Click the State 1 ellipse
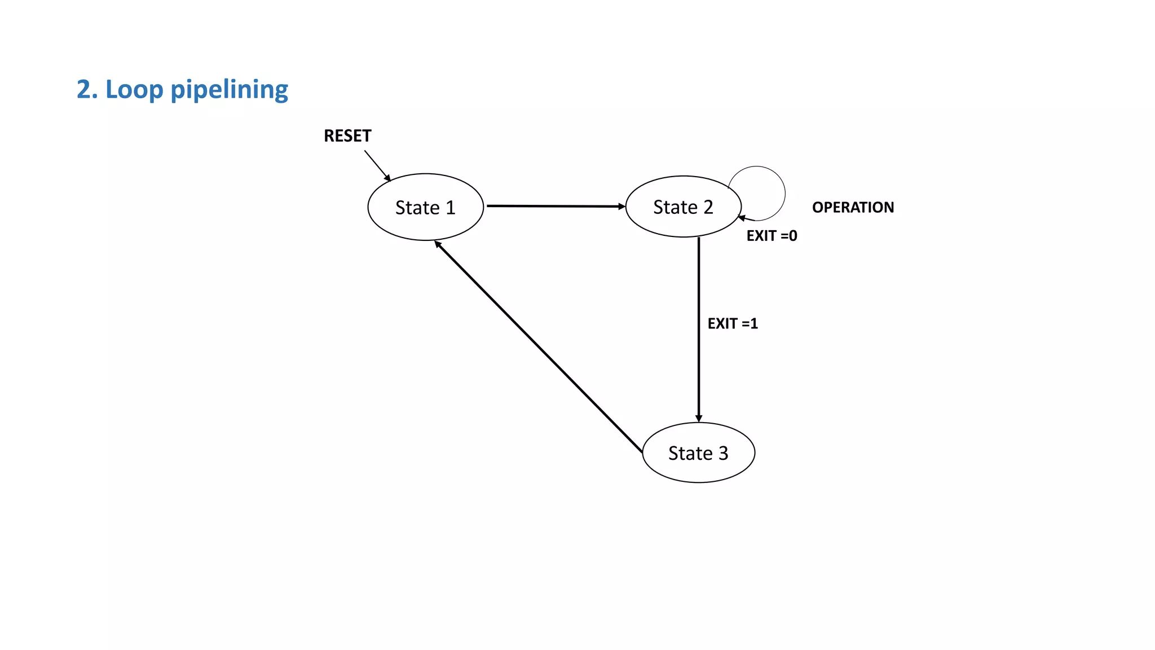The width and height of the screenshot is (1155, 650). [x=425, y=207]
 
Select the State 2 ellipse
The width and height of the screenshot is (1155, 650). [x=683, y=207]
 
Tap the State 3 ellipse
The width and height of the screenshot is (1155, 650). [x=698, y=453]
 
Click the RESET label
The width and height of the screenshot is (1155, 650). [x=347, y=136]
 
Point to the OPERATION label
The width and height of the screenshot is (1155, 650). [x=853, y=207]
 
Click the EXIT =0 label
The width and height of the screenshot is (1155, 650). [x=772, y=236]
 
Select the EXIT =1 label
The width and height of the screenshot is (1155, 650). [x=733, y=323]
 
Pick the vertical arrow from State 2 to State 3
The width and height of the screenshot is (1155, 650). [x=699, y=327]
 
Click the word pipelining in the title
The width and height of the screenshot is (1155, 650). [x=229, y=90]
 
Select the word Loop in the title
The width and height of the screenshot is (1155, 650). [x=134, y=90]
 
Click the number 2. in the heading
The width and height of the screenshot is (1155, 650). [x=87, y=90]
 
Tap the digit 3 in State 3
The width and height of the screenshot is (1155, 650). [x=723, y=453]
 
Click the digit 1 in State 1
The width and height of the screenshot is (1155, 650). [x=450, y=208]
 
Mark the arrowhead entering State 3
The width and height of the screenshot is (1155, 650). [x=699, y=419]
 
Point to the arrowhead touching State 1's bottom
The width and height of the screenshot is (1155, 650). [x=438, y=244]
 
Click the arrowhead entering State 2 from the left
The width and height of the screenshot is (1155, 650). [x=621, y=207]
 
